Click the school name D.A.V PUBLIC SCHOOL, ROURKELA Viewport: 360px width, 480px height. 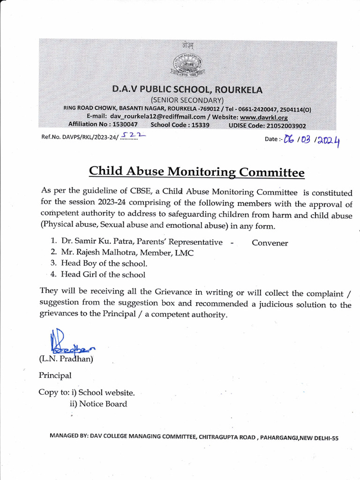coord(187,90)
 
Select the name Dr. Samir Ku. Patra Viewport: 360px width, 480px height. coord(95,242)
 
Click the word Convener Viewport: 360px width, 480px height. coord(270,243)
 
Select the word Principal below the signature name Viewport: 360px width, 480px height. coord(55,375)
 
